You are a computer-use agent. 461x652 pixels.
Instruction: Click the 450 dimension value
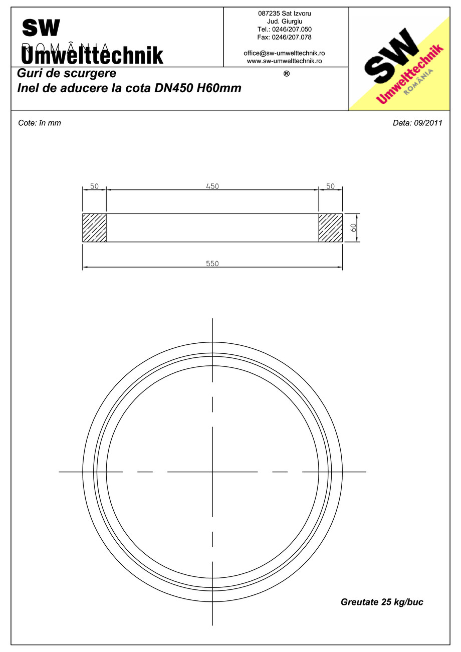click(212, 186)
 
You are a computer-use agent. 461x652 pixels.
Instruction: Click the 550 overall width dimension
click(212, 264)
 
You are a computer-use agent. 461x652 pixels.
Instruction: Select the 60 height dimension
click(353, 228)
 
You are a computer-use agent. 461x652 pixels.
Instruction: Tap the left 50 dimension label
click(94, 186)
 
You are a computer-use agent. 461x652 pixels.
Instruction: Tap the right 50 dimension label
click(330, 186)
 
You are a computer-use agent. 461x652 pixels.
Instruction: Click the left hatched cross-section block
click(94, 228)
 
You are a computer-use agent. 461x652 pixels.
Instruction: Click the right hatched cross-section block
click(330, 228)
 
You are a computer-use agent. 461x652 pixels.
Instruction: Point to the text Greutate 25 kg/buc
click(382, 602)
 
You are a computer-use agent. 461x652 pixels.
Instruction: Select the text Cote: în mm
click(39, 123)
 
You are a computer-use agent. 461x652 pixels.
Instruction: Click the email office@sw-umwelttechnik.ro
click(284, 53)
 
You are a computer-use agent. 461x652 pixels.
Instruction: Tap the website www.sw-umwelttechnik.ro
click(284, 61)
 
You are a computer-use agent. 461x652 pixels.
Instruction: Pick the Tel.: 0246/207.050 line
click(284, 30)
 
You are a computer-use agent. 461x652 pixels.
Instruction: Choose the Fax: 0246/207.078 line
click(284, 37)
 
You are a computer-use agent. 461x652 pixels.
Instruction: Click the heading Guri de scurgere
click(67, 73)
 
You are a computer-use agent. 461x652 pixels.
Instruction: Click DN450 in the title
click(174, 89)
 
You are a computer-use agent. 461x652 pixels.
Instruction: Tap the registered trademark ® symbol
click(286, 74)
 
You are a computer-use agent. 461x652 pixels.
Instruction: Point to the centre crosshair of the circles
click(212, 472)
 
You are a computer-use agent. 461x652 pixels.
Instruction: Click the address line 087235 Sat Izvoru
click(284, 14)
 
